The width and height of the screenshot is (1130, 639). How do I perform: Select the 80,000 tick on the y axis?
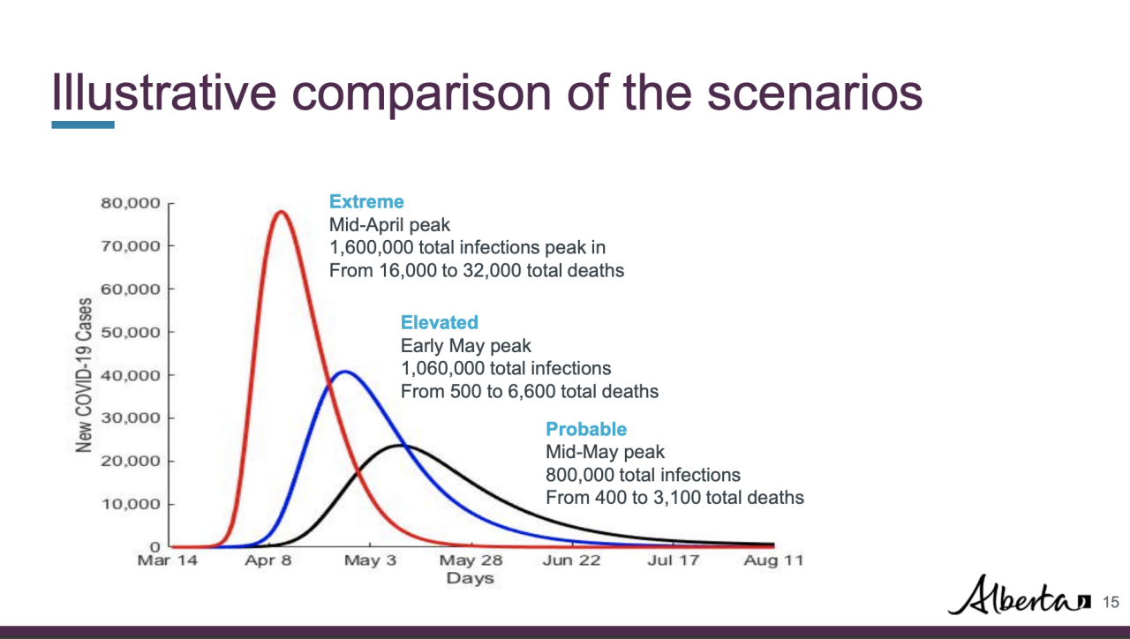coord(128,203)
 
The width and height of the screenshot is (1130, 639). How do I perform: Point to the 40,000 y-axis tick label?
coord(128,375)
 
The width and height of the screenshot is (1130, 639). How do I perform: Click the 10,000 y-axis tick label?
coord(128,504)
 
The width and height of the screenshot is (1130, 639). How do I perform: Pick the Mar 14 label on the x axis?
coord(168,561)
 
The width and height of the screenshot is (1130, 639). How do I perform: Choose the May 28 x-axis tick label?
coord(471,561)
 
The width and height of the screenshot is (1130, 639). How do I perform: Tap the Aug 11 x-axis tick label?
coord(773,561)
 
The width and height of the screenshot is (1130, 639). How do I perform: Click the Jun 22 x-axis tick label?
coord(571,561)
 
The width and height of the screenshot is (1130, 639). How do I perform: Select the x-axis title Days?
coord(470,579)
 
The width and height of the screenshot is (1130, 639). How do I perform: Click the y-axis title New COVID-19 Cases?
coord(85,375)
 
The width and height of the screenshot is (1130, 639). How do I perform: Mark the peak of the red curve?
coord(281,212)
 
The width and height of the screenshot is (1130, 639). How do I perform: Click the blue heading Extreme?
coord(366,202)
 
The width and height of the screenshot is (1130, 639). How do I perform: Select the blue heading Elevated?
coord(439,322)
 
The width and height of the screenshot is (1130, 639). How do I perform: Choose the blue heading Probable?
coord(586,429)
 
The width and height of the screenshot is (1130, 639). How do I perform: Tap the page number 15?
coord(1111,602)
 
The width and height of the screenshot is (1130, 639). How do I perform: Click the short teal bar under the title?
coord(83,125)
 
